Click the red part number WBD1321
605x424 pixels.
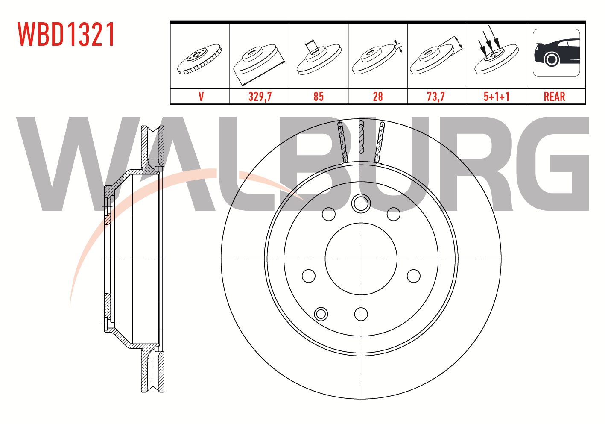click(x=66, y=34)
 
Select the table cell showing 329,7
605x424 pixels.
click(x=260, y=97)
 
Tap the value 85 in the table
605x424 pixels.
click(x=319, y=97)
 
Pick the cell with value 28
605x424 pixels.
click(x=377, y=97)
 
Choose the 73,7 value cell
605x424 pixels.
click(x=435, y=97)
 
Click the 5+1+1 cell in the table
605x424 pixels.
click(x=497, y=97)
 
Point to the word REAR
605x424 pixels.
click(x=555, y=97)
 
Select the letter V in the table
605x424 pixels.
click(x=201, y=97)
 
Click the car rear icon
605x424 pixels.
click(x=556, y=53)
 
